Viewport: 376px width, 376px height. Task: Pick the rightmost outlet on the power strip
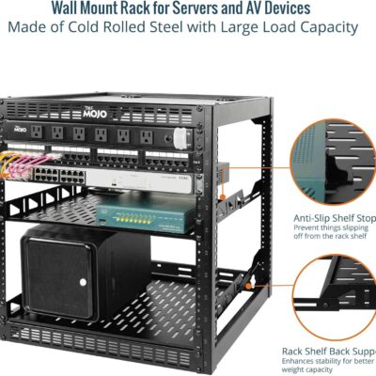tap(147, 136)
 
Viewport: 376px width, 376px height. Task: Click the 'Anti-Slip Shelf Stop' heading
tap(320, 218)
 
